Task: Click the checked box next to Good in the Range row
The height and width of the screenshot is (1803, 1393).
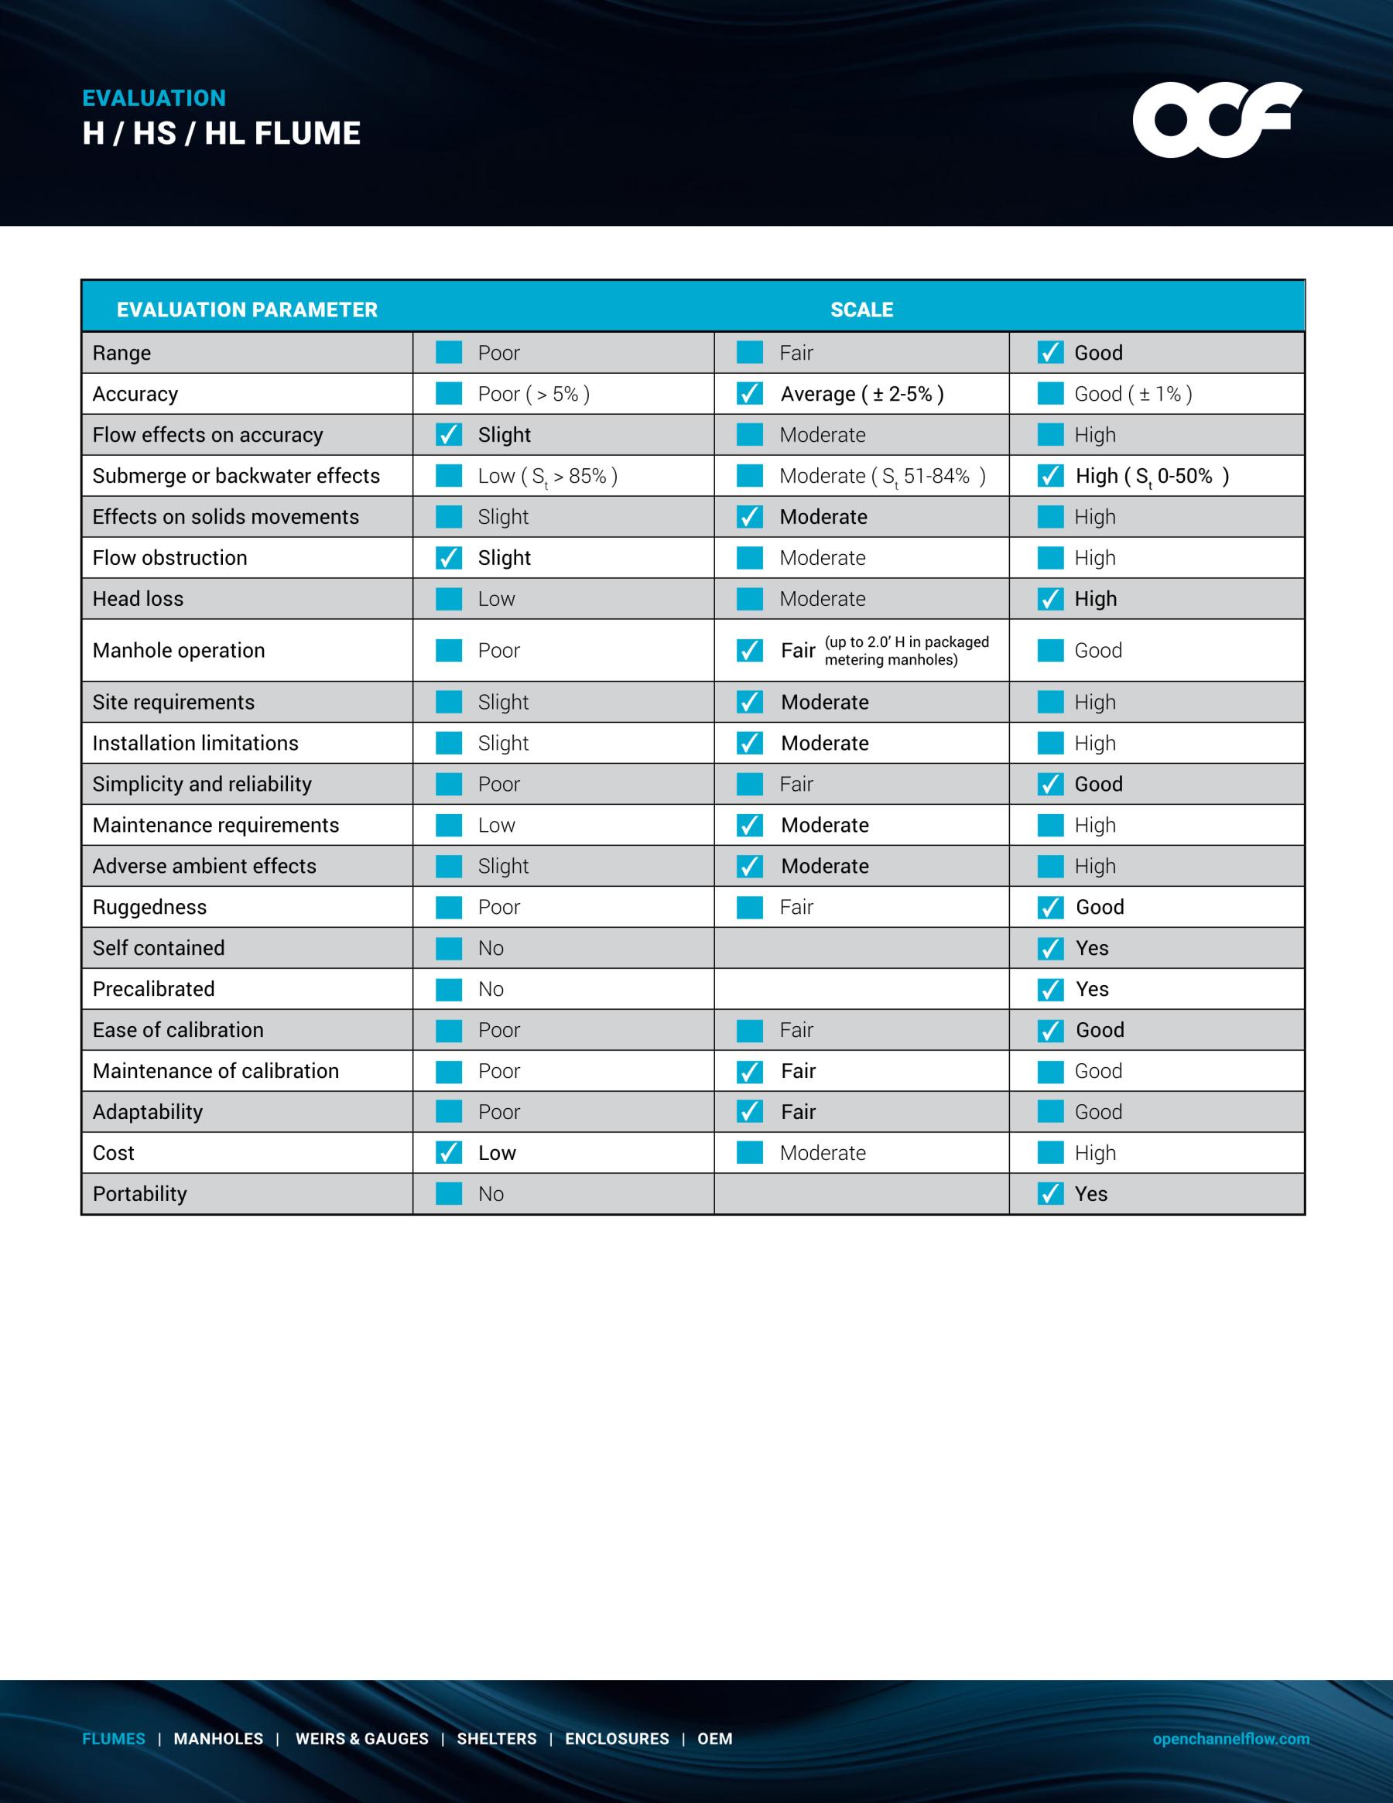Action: [1049, 353]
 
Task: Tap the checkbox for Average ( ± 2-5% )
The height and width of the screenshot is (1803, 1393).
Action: [749, 394]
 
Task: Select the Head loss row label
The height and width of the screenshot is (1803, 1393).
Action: [138, 598]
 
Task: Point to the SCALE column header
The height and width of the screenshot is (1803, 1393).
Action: [861, 310]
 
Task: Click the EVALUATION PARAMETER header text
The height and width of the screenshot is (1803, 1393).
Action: [247, 310]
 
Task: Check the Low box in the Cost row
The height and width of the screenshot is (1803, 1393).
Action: [448, 1152]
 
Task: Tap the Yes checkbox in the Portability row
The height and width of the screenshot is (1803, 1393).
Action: [1049, 1194]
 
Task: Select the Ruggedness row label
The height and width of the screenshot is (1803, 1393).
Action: [149, 907]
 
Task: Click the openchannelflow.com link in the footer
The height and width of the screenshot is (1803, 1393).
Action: [1230, 1739]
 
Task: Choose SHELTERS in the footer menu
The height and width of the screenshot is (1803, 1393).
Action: [496, 1739]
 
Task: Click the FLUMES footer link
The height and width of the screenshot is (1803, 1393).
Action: [113, 1739]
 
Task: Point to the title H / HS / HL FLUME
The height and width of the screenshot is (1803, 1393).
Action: [221, 134]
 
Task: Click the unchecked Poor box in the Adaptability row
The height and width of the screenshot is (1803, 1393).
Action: [448, 1112]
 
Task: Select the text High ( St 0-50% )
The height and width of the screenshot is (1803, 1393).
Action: [1152, 477]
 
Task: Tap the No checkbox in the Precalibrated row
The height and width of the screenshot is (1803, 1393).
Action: [448, 989]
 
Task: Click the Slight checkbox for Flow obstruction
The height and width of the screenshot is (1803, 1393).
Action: [448, 558]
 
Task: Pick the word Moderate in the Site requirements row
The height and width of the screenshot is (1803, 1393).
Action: [824, 703]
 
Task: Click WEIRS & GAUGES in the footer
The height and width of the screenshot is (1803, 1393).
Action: [361, 1739]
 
